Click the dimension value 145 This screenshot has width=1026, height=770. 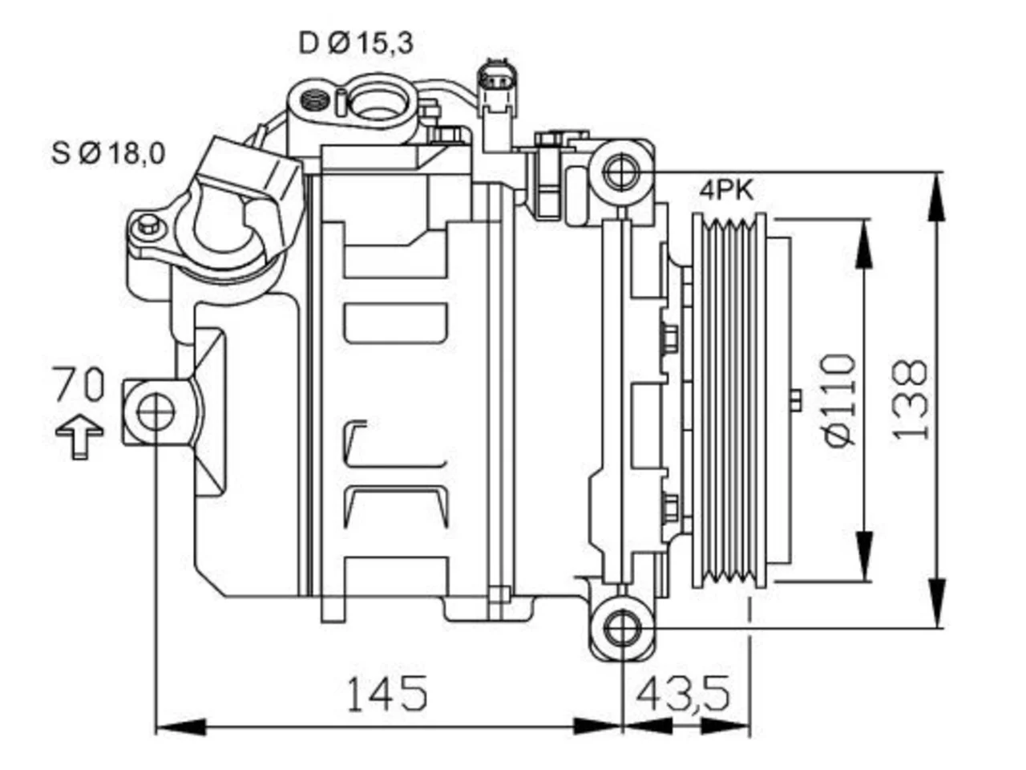(387, 693)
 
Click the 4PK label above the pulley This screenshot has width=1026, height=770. (726, 191)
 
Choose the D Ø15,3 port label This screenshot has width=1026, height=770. (356, 43)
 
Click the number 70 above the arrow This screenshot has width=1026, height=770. (79, 384)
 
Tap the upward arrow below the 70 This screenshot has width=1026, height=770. (79, 436)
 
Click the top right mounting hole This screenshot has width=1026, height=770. (621, 172)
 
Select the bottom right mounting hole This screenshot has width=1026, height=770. (622, 628)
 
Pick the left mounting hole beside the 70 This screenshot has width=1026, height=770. (156, 412)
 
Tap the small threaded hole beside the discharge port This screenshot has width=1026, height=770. (314, 100)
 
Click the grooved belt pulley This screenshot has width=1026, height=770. (729, 400)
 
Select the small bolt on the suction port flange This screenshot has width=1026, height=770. (148, 224)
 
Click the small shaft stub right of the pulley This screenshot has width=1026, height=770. (796, 400)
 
